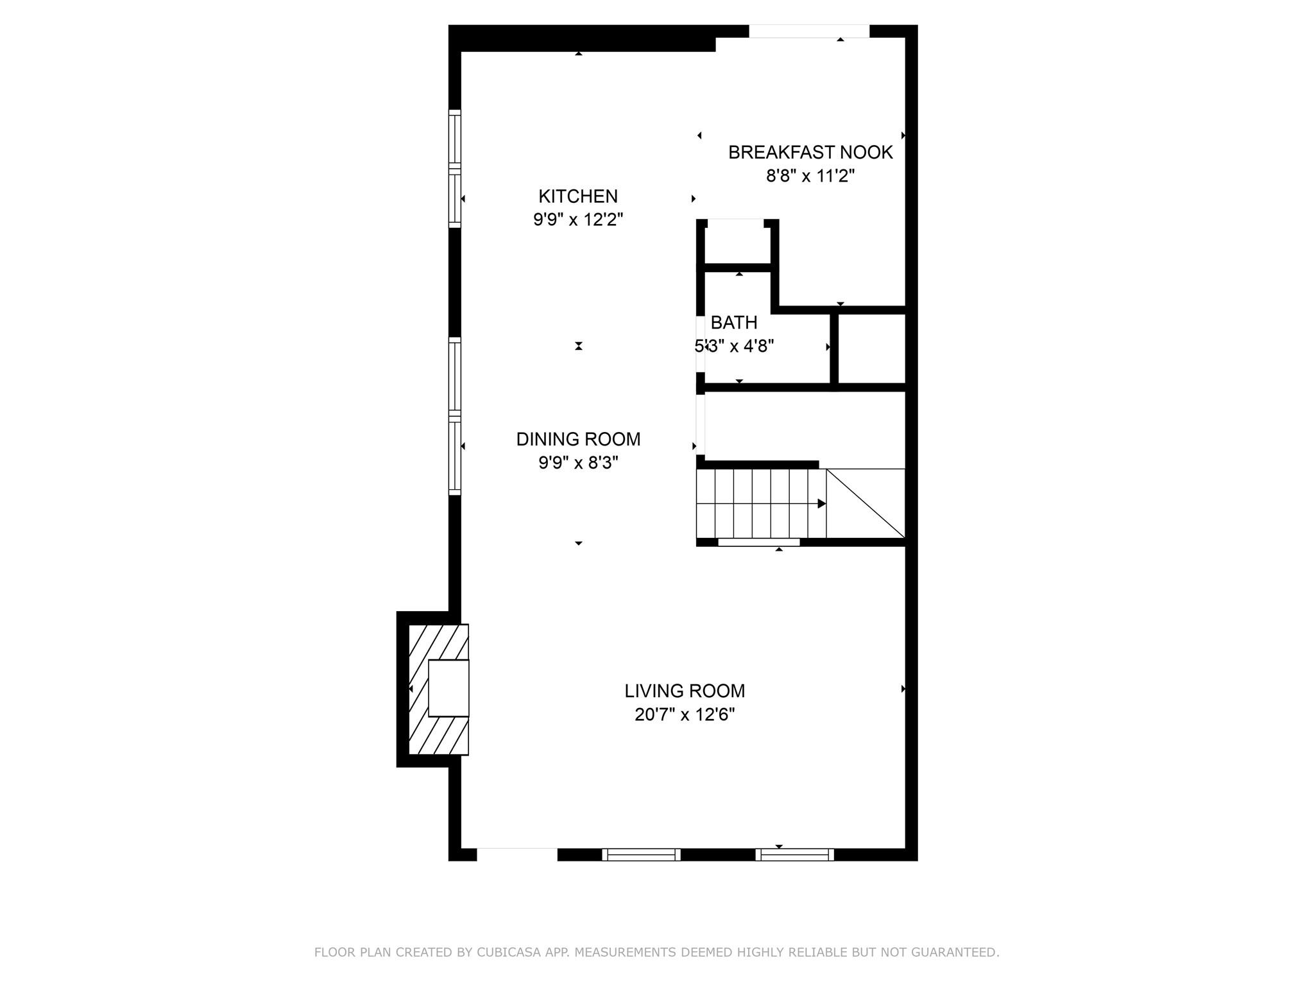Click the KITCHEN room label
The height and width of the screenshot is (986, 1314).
pyautogui.click(x=578, y=196)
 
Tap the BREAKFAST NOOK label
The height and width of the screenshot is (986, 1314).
pyautogui.click(x=810, y=152)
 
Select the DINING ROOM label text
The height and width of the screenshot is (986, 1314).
pyautogui.click(x=578, y=439)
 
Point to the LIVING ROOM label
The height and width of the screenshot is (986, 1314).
pyautogui.click(x=685, y=691)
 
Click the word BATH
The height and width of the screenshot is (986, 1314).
pyautogui.click(x=734, y=322)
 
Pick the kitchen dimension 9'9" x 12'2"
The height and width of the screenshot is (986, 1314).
pyautogui.click(x=578, y=220)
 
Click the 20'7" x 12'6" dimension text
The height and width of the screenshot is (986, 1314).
pyautogui.click(x=685, y=714)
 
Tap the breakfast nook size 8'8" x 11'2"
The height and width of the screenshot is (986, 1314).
pyautogui.click(x=810, y=176)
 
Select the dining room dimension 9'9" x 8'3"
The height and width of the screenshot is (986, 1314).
pyautogui.click(x=578, y=463)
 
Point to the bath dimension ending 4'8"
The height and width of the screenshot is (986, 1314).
pyautogui.click(x=734, y=346)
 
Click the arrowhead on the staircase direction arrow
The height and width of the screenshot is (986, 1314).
pyautogui.click(x=822, y=504)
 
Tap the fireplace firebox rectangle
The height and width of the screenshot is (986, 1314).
pyautogui.click(x=448, y=688)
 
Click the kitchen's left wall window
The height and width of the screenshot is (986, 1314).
pyautogui.click(x=454, y=169)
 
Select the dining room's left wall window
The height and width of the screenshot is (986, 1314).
pyautogui.click(x=454, y=416)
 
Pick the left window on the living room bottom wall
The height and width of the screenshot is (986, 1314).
pyautogui.click(x=641, y=854)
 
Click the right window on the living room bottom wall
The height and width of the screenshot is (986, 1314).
pyautogui.click(x=794, y=854)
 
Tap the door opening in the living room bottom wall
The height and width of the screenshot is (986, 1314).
pyautogui.click(x=517, y=854)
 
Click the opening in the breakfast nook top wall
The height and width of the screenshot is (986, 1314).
pyautogui.click(x=809, y=31)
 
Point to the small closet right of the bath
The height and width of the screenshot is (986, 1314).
pyautogui.click(x=871, y=349)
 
